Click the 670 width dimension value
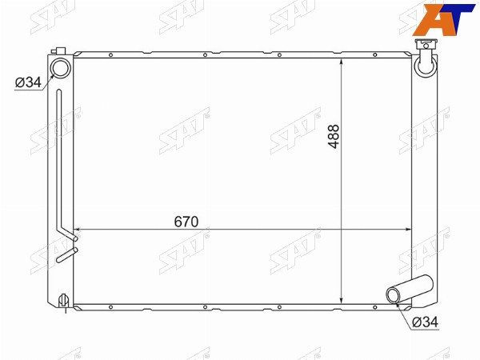(x=186, y=222)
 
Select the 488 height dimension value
(x=334, y=137)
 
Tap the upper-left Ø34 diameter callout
(x=28, y=82)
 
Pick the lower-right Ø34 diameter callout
(x=426, y=322)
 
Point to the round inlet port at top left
(x=60, y=67)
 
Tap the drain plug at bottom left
(x=64, y=300)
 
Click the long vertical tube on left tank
(x=59, y=159)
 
